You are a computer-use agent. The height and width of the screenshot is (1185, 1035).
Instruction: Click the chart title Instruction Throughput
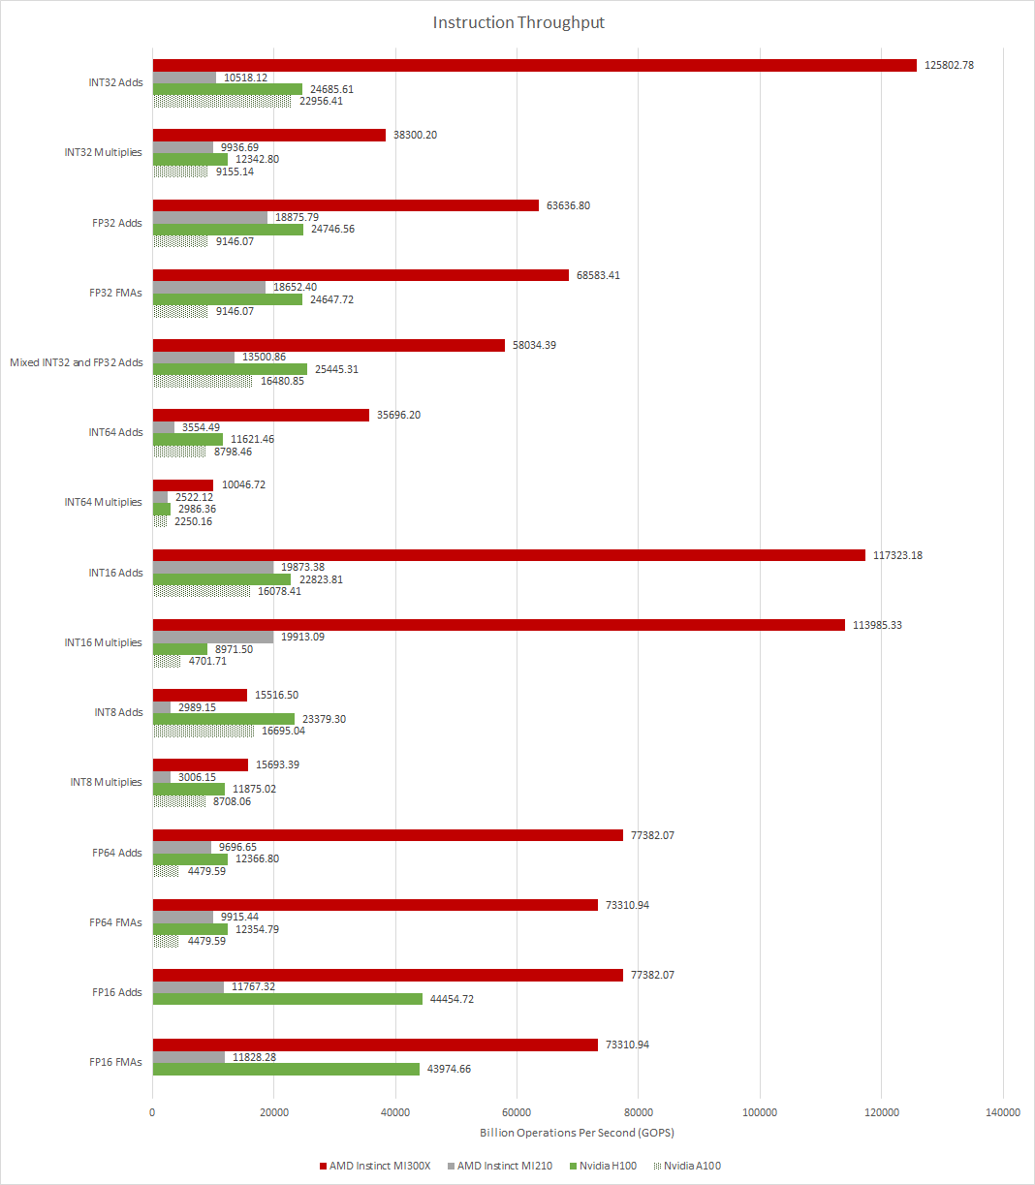(x=518, y=22)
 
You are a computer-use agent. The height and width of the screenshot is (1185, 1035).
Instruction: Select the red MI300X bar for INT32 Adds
(x=534, y=65)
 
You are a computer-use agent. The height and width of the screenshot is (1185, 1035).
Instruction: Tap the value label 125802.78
(x=950, y=65)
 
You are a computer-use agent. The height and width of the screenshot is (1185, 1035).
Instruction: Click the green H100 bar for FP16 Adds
(x=288, y=999)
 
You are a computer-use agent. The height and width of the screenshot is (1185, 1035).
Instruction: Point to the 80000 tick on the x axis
(x=638, y=1112)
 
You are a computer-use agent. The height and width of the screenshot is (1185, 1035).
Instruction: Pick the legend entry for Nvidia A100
(x=691, y=1166)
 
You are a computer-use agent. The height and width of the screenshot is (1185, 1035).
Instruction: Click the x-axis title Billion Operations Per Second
(x=577, y=1133)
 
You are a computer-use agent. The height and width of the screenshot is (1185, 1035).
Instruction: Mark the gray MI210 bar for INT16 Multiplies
(x=213, y=638)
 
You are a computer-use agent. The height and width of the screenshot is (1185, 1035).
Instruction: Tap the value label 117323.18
(x=898, y=555)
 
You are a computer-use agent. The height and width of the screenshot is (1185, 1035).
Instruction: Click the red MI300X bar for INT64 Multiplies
(x=183, y=485)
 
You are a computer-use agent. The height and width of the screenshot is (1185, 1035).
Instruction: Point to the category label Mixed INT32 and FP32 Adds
(x=77, y=362)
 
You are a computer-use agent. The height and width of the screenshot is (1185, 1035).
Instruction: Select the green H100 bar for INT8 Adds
(x=224, y=719)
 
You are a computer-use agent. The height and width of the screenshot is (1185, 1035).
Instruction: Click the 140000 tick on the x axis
(x=1002, y=1112)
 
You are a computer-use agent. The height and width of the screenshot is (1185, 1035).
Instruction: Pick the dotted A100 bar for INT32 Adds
(x=222, y=101)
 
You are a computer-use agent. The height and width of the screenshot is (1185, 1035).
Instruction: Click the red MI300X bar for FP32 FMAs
(x=361, y=275)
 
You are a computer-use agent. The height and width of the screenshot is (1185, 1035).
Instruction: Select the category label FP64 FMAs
(x=115, y=922)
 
